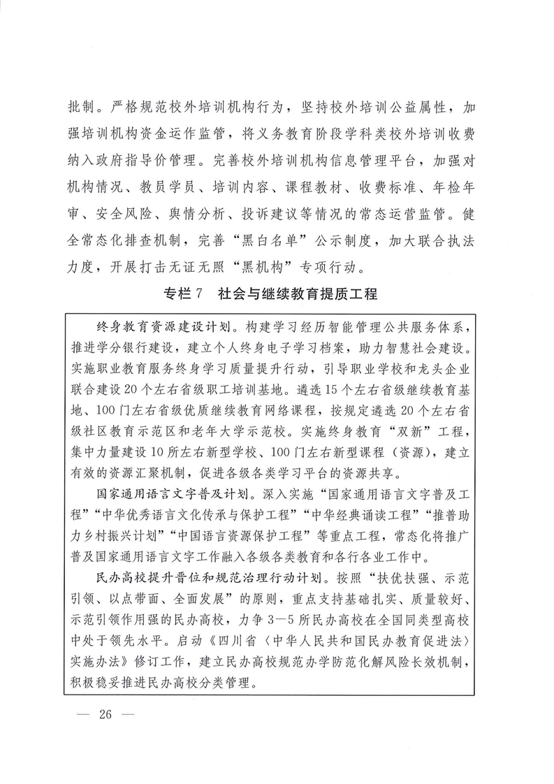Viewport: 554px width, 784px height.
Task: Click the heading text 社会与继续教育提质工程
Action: coord(297,294)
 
